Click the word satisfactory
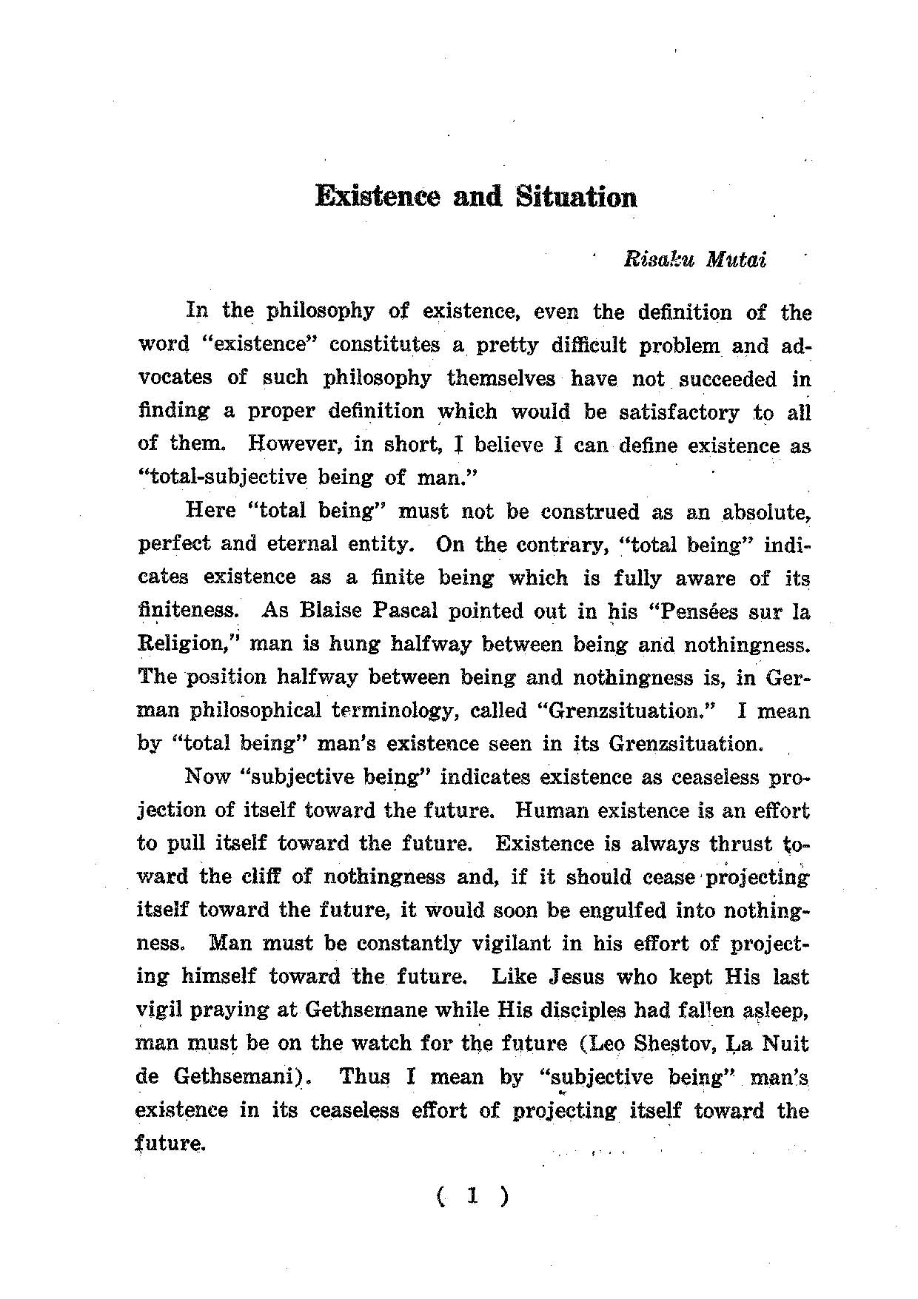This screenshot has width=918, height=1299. point(679,412)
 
